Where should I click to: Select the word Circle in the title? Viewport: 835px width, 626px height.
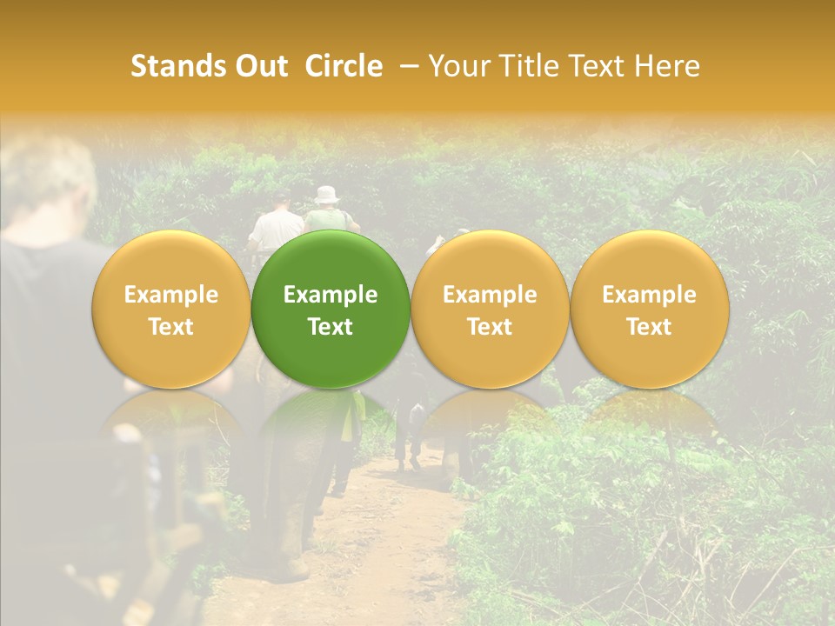click(344, 66)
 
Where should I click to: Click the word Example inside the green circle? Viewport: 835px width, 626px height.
click(331, 295)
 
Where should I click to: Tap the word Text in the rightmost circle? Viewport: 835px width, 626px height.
click(649, 327)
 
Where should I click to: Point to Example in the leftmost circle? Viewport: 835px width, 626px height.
click(170, 295)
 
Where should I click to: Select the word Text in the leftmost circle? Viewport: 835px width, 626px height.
click(170, 327)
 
